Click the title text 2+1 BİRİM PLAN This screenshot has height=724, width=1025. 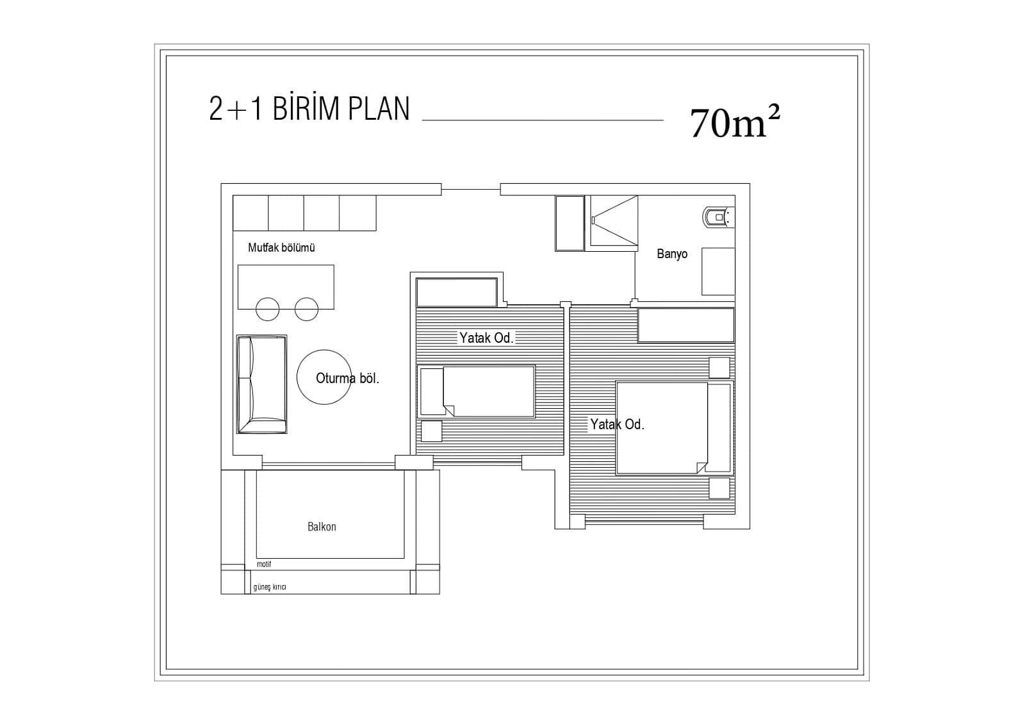point(309,109)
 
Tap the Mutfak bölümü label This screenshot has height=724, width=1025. point(281,247)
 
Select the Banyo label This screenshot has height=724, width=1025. point(672,254)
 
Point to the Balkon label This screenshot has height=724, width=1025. point(322,527)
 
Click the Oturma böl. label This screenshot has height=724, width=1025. point(347,379)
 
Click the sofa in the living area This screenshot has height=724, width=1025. point(262,384)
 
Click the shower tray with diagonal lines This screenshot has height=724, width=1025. point(614,223)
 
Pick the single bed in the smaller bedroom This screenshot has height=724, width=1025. point(477,391)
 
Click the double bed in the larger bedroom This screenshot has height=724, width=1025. point(675,428)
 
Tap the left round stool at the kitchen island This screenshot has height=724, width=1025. point(267,309)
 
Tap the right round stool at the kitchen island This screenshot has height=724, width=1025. point(306,309)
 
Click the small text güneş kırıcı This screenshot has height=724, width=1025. point(270,587)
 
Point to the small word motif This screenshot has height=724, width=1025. point(264,564)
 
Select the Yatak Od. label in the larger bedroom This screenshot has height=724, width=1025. point(617,425)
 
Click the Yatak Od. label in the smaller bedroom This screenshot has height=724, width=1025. point(486,338)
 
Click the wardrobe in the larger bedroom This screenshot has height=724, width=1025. point(686,325)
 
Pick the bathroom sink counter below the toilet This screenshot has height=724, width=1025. point(718,272)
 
